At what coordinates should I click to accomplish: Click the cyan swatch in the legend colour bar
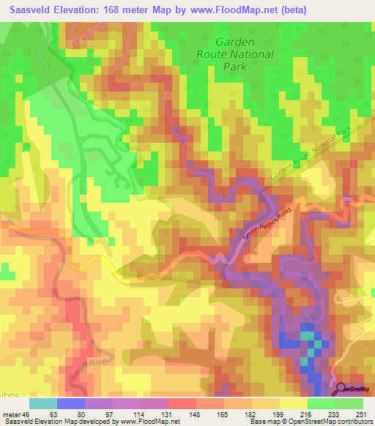click(x=42, y=403)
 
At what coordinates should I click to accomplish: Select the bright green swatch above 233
click(x=321, y=403)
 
